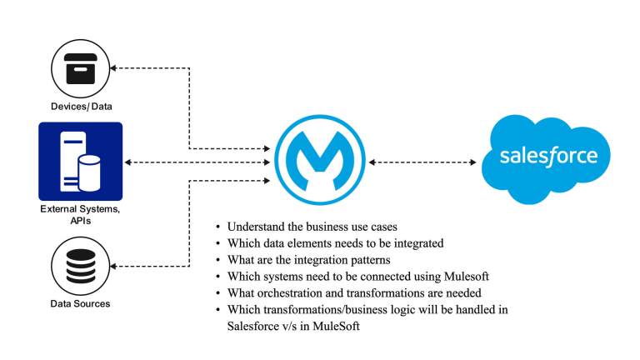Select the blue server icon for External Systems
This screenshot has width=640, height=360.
80,161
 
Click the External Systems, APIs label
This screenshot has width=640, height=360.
80,214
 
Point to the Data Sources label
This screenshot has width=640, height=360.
80,303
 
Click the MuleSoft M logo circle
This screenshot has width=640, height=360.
319,161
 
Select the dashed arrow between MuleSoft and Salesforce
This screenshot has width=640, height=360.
422,161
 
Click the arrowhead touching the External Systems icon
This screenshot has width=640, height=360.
127,162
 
